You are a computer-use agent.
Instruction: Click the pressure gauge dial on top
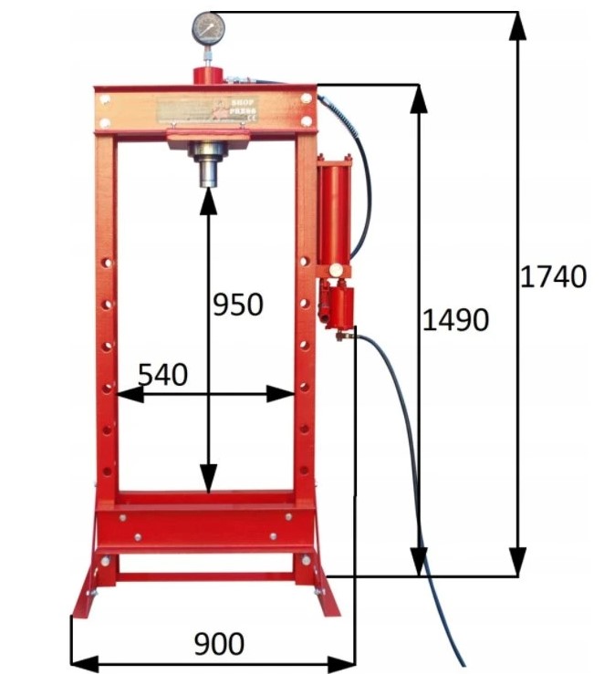tap(207, 29)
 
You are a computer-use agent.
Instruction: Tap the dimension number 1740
tap(552, 275)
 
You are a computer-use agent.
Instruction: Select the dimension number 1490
tap(455, 320)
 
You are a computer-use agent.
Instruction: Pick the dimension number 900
tap(219, 644)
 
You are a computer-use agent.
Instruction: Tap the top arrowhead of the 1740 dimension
tap(517, 24)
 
